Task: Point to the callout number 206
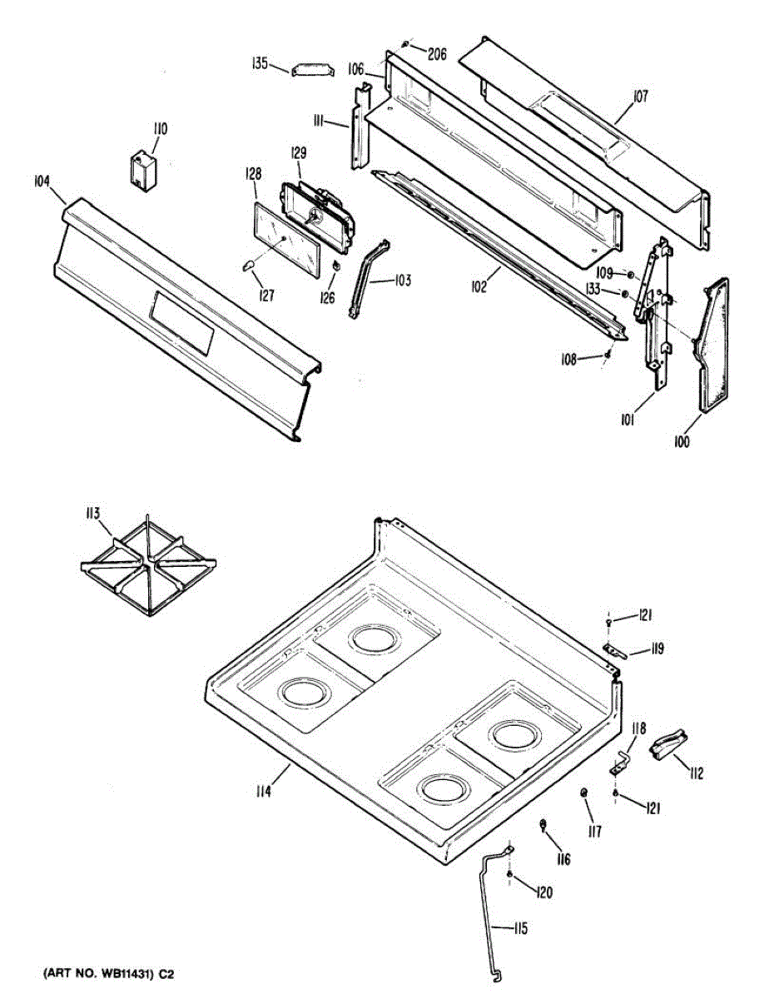coord(437,54)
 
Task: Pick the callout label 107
coord(639,97)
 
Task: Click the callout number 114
coord(264,792)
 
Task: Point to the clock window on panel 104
coord(181,321)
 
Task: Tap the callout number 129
coord(298,153)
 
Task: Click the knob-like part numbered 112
coord(671,744)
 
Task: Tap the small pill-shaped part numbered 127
coord(248,265)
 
